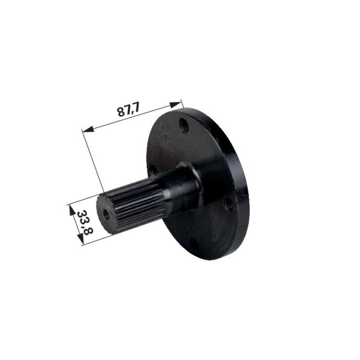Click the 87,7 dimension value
coord(128,110)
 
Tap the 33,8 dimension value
coord(85,222)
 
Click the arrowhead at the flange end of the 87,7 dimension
coord(175,105)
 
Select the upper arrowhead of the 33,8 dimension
coord(73,210)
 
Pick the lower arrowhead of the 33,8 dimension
coord(80,239)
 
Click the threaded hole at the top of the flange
coord(184,126)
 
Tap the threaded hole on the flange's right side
coord(229,202)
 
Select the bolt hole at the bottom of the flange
coord(194,245)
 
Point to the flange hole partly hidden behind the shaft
coord(153,170)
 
